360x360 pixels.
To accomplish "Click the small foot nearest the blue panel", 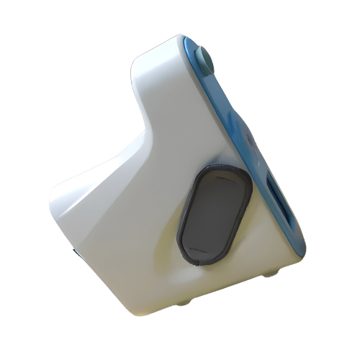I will pyautogui.click(x=270, y=272).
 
